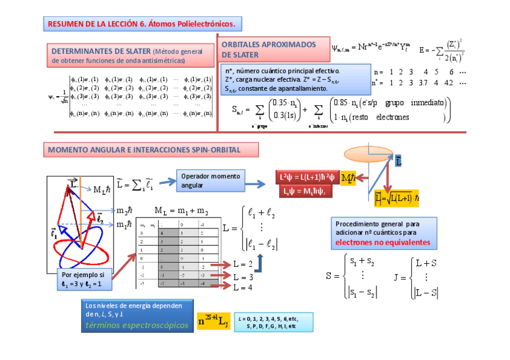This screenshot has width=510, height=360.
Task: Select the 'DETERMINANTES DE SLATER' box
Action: pyautogui.click(x=127, y=55)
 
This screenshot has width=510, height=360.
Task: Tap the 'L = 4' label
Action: pyautogui.click(x=244, y=287)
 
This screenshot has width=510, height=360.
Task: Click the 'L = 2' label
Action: pyautogui.click(x=244, y=264)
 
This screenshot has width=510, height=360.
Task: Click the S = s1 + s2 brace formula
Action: pyautogui.click(x=352, y=275)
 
